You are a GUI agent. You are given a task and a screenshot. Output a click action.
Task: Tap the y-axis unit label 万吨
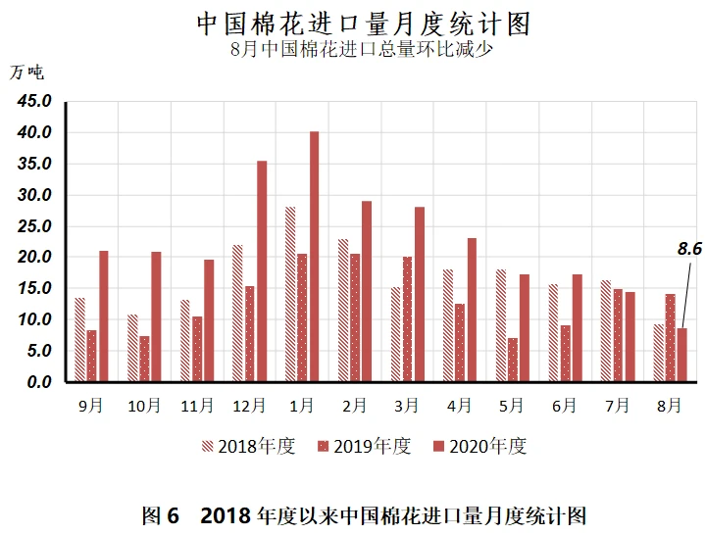28,72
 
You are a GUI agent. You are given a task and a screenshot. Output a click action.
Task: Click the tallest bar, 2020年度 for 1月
314,257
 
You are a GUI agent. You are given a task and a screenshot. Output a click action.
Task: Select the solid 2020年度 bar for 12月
262,271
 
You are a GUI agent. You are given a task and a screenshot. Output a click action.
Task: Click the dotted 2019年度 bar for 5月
513,360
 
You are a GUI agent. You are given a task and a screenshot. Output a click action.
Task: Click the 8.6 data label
690,249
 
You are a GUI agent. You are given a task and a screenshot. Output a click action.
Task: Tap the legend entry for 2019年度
364,447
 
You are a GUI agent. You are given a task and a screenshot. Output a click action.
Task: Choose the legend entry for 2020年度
479,447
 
